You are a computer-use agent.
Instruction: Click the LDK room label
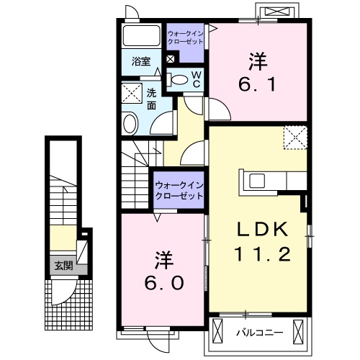click(263, 230)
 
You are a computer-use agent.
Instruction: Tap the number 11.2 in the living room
click(263, 254)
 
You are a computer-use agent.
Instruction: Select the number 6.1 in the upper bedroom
click(256, 84)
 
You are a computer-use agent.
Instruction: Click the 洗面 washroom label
click(152, 99)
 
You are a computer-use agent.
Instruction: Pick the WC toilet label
click(194, 79)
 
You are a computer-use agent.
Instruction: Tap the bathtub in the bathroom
click(141, 36)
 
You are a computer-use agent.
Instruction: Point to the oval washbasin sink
click(130, 123)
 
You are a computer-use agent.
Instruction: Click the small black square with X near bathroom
click(170, 60)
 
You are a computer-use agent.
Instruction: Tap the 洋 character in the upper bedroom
click(256, 58)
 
